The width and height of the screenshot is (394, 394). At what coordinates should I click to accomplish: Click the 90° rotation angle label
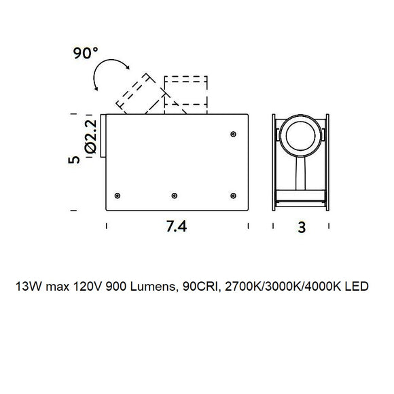[x=86, y=53]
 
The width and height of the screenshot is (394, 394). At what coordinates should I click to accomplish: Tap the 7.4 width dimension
[x=177, y=226]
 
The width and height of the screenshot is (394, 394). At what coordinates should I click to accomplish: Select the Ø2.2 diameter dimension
[x=91, y=136]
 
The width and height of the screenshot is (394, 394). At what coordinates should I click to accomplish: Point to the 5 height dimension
[x=74, y=160]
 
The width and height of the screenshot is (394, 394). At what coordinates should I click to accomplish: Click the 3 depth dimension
[x=302, y=227]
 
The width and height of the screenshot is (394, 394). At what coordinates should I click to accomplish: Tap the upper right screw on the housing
[x=233, y=135]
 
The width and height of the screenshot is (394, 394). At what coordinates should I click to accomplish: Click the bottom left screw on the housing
[x=118, y=196]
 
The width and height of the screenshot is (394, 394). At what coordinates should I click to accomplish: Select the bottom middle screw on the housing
[x=175, y=196]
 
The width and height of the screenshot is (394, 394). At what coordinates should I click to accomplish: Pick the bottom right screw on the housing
[x=233, y=196]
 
